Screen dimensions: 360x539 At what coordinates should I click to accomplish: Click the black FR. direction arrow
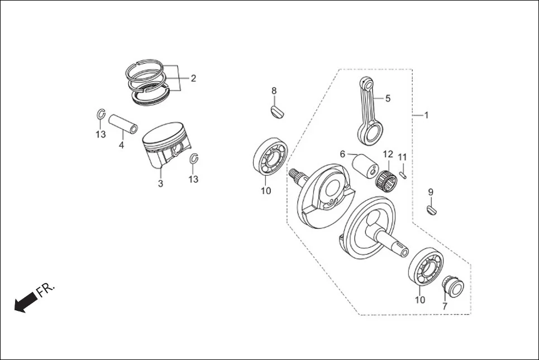point(25,303)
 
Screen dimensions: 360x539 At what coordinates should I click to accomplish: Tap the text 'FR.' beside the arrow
point(46,289)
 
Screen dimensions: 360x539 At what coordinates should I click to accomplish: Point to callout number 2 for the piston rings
point(193,79)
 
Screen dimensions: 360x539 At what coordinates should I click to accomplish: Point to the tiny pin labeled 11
point(403,174)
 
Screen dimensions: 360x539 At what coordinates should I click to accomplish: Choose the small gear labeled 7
point(452,287)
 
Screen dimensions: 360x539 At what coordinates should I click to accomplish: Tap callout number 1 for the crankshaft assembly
point(426,116)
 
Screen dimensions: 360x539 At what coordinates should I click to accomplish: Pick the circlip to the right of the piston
point(194,159)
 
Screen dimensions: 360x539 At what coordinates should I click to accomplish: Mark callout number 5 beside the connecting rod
point(388,98)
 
